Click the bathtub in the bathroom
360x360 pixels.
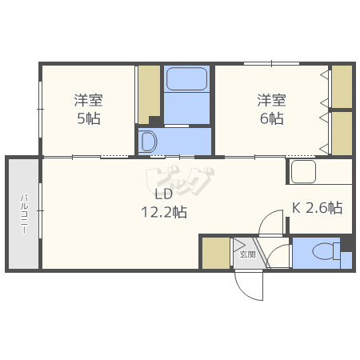coord(186,78)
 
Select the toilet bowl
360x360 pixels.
coord(323,251)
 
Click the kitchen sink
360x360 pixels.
coord(303,171)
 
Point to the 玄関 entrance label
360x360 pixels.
coord(248,254)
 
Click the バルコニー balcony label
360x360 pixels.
coord(24,214)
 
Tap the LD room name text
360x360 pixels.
coord(164,194)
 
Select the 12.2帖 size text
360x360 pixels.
coord(164,212)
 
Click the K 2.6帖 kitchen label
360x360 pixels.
coord(317,207)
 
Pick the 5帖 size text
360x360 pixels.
coord(89,118)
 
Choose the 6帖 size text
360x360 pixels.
coord(272,118)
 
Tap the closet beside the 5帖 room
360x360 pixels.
coord(149,94)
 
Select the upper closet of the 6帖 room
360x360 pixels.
coord(342,86)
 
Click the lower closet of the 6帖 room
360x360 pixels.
coord(342,133)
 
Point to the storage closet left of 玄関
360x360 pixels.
coord(216,253)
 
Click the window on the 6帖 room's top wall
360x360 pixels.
coord(271,63)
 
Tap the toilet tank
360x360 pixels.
coord(337,251)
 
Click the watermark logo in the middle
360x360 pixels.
coord(180,181)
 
